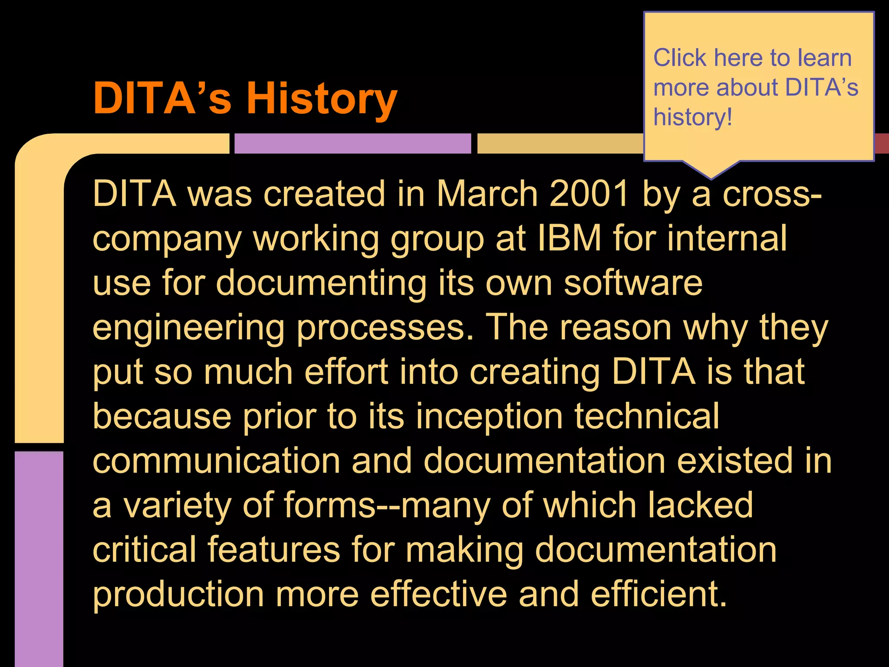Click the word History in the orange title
322,99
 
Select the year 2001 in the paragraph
589,194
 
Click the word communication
216,461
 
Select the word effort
346,372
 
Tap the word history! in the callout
693,117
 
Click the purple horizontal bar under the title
352,143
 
